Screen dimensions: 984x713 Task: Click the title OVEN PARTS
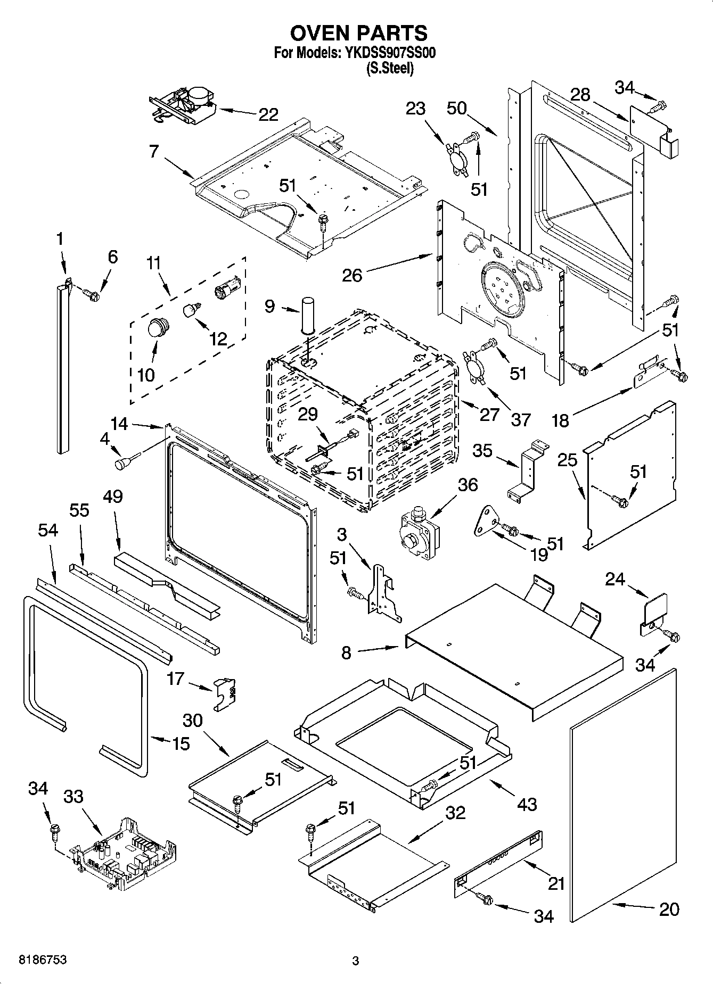(358, 33)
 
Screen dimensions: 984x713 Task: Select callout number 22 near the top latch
(268, 114)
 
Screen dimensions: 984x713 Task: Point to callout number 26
(352, 275)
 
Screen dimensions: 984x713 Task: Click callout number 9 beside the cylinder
(270, 307)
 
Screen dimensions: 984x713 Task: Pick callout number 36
(468, 485)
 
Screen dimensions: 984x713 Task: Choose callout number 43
(527, 804)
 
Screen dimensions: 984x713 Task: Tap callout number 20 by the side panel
(669, 909)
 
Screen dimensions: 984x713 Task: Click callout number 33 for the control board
(73, 797)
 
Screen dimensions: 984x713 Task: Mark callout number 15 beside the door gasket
(181, 743)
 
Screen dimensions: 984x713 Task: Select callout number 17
(175, 679)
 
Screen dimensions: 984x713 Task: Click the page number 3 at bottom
(356, 961)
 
